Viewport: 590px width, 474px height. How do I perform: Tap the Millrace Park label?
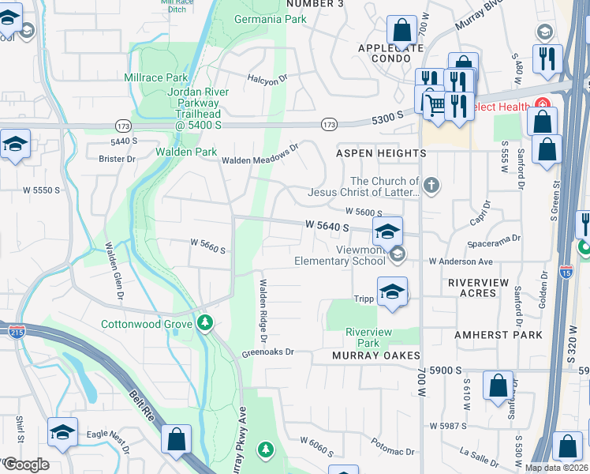(156, 77)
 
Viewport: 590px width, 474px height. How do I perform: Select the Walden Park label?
(185, 152)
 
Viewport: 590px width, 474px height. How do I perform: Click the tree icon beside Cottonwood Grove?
(205, 323)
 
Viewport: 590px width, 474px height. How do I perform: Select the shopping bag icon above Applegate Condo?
(401, 32)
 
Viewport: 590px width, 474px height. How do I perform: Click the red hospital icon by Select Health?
(542, 104)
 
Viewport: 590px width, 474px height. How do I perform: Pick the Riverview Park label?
(368, 337)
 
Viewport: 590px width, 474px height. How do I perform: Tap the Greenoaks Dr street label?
(267, 352)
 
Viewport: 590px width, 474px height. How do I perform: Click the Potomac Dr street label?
(391, 451)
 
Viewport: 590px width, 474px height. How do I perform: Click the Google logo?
(25, 465)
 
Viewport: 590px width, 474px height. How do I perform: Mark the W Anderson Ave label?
(461, 261)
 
